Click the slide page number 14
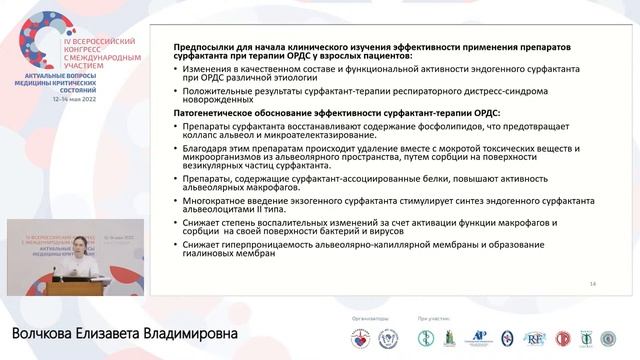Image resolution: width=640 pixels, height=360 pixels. click(593, 284)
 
